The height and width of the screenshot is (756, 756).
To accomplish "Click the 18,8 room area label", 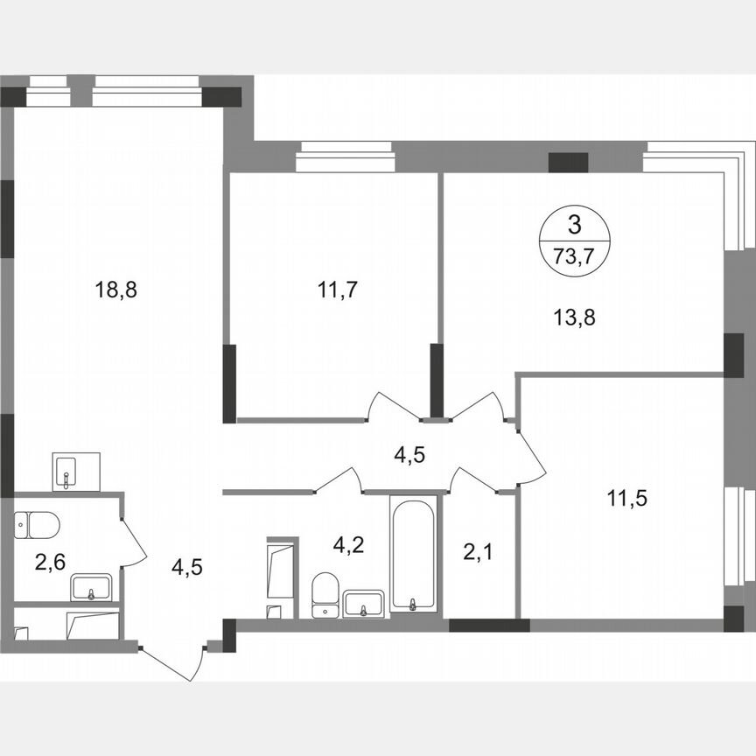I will pos(116,290).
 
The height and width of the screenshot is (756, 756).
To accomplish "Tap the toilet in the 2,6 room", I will pos(37,525).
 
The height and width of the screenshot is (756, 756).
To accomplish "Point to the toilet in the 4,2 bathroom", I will pos(325,593).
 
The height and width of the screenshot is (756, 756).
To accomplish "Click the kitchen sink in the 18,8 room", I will pos(76,472).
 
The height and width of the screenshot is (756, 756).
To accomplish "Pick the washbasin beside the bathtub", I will pos(363,603).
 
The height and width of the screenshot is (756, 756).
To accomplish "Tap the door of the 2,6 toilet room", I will pos(131,542).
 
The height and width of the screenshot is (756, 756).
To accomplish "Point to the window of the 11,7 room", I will pos(345,157).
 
